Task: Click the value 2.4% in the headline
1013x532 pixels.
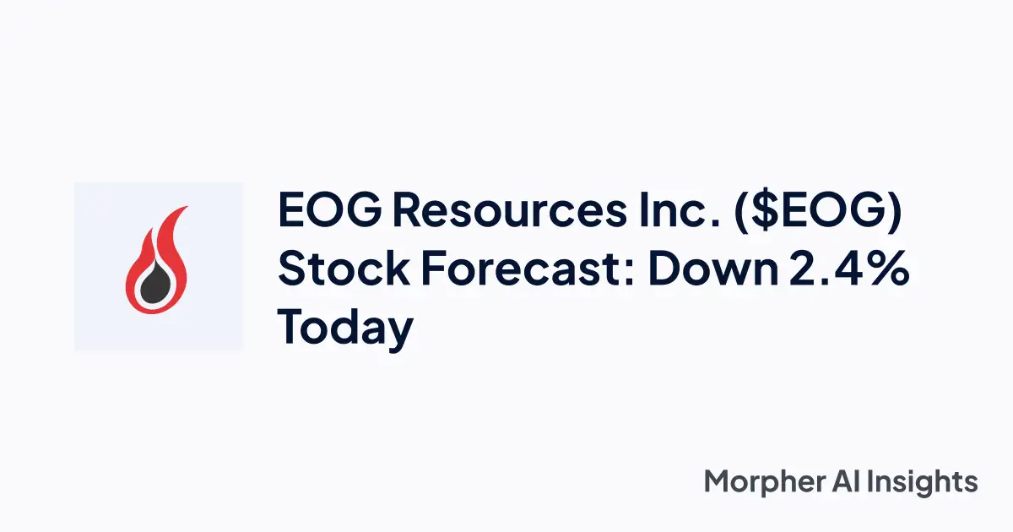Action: [x=848, y=270]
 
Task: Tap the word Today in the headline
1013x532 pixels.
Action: [x=345, y=329]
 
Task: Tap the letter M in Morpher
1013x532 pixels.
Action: [x=718, y=481]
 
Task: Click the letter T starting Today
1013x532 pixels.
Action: [x=292, y=328]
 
